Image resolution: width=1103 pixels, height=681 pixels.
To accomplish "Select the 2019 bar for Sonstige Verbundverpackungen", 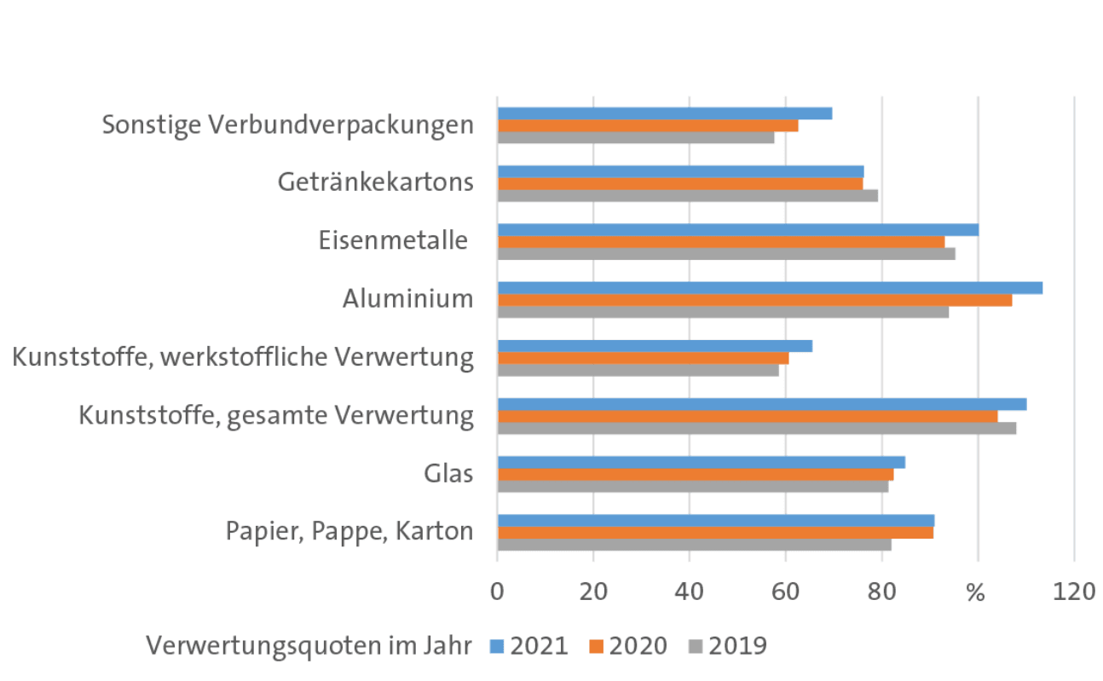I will [636, 137].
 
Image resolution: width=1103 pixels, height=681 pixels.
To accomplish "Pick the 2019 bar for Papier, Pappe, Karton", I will [694, 545].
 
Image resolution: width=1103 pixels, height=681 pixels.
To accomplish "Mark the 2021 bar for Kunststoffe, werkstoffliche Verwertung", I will [655, 346].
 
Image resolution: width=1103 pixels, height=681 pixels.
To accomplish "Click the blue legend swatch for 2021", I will [497, 646].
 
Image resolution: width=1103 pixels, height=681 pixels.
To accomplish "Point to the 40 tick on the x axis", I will [690, 591].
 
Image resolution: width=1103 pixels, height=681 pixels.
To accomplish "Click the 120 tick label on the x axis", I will [1074, 591].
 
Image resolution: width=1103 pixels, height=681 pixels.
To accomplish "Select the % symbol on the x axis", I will [977, 591].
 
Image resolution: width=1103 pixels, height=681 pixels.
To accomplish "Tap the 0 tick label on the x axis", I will [498, 591].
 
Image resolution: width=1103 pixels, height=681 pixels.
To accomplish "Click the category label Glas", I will [448, 473].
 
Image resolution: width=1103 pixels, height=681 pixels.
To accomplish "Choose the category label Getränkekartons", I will [376, 182].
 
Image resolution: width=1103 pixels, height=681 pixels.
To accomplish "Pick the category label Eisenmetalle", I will [394, 240].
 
